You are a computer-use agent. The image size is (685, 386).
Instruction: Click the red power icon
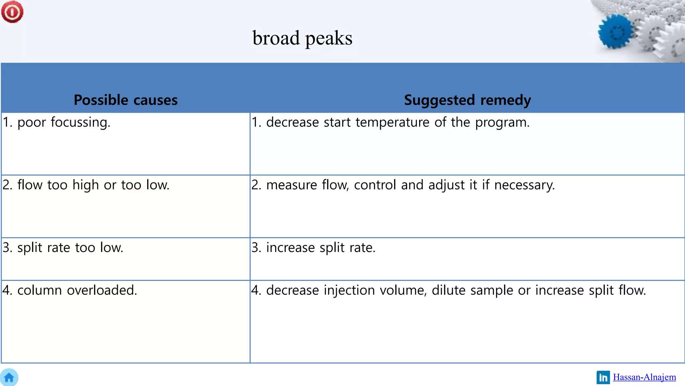(x=12, y=12)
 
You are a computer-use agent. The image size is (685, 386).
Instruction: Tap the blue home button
(x=9, y=378)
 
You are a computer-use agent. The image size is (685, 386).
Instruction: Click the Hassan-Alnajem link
(x=644, y=377)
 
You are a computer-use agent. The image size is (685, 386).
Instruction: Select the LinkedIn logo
(x=603, y=378)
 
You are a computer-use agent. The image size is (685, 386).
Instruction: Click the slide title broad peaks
(x=302, y=38)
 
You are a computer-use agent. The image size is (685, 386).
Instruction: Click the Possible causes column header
(x=125, y=100)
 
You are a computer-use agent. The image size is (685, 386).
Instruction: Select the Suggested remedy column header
(x=467, y=100)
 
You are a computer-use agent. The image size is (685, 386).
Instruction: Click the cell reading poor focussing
(x=57, y=122)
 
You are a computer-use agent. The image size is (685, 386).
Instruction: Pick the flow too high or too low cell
(x=86, y=185)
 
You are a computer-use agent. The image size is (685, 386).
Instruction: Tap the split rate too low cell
(x=63, y=248)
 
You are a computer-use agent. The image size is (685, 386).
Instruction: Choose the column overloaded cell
(x=70, y=290)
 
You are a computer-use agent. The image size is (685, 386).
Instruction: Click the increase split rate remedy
(x=313, y=248)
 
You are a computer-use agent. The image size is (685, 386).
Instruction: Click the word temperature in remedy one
(x=392, y=122)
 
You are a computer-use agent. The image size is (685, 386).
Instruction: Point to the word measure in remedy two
(x=291, y=185)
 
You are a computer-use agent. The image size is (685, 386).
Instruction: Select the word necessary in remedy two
(x=524, y=185)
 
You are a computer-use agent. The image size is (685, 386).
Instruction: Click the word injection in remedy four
(x=349, y=290)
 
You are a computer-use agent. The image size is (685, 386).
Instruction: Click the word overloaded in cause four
(x=102, y=290)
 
